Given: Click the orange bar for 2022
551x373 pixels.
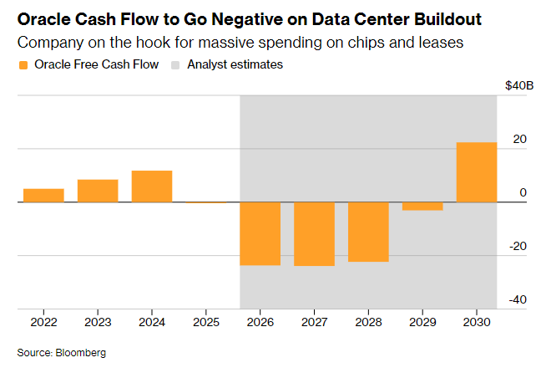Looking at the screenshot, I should coord(43,195).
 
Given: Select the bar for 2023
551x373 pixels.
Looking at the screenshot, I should coord(98,191).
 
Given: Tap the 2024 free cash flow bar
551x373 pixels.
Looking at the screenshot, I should coord(152,186).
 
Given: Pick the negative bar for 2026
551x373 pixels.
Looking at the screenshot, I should coord(260,233).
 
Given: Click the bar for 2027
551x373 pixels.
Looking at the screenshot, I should coord(314,234).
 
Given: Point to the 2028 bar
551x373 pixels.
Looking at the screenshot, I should coord(368,232).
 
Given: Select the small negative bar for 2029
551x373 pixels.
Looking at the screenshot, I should coord(422,206).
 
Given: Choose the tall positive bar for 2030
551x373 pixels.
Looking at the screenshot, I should coord(477,172).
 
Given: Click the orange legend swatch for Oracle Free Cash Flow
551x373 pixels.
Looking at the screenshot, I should coord(23,64).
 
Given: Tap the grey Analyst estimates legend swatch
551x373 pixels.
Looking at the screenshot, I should coord(176,64).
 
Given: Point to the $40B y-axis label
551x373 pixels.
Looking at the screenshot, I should coord(519,85).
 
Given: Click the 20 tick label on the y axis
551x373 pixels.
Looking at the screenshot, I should coord(519,139).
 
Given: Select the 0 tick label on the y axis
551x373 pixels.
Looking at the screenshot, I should coord(523,192).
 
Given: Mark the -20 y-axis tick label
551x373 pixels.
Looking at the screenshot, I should coord(518,246).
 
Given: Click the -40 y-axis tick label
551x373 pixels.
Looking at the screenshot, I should coord(518,299).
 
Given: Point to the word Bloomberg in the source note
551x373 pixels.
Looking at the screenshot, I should coord(82,353).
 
